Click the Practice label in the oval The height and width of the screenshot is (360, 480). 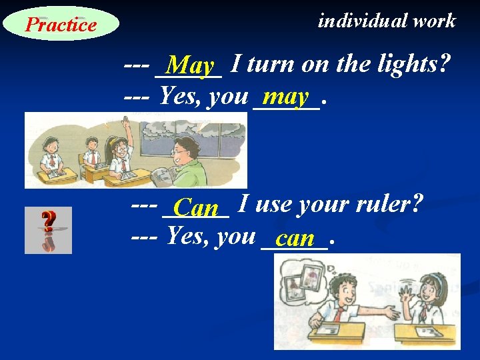pyautogui.click(x=61, y=25)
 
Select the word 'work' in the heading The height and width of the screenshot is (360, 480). pyautogui.click(x=434, y=21)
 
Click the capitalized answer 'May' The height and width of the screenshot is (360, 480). pyautogui.click(x=191, y=66)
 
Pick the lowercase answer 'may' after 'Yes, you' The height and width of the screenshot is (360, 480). pyautogui.click(x=285, y=97)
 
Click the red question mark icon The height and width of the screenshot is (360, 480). pyautogui.click(x=48, y=229)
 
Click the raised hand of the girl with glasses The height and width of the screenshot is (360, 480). pyautogui.click(x=126, y=125)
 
